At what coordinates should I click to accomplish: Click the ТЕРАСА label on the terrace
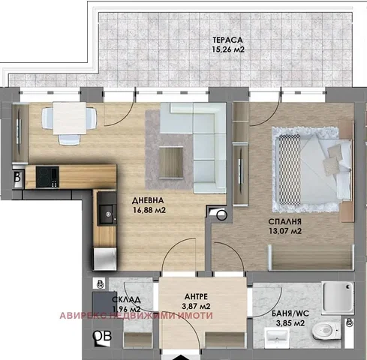pos(227,40)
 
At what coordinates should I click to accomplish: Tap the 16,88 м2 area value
pos(149,210)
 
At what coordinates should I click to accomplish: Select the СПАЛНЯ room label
pos(284,221)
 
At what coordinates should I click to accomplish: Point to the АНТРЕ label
pos(196,296)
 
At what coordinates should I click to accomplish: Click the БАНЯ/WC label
pos(290,313)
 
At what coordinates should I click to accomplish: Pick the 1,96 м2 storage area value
pos(127,309)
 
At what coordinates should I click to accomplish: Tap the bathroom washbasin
pos(277,337)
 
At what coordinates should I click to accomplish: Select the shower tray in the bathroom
pos(338,298)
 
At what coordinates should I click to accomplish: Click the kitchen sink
pos(108,214)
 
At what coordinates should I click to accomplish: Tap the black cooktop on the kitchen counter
pos(47,177)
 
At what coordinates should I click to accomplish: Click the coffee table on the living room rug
pos(171,162)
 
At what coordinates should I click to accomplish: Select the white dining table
pos(70,118)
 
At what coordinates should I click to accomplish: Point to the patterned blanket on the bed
pos(290,169)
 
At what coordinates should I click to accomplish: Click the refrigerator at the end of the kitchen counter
pos(105,259)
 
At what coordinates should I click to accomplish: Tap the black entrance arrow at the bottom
pos(181,357)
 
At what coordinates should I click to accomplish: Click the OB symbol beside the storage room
pos(102,336)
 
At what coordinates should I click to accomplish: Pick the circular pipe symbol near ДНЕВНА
pos(221,215)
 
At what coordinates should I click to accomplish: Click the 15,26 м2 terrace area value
pos(228,49)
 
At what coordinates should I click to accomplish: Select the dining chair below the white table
pos(69,139)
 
